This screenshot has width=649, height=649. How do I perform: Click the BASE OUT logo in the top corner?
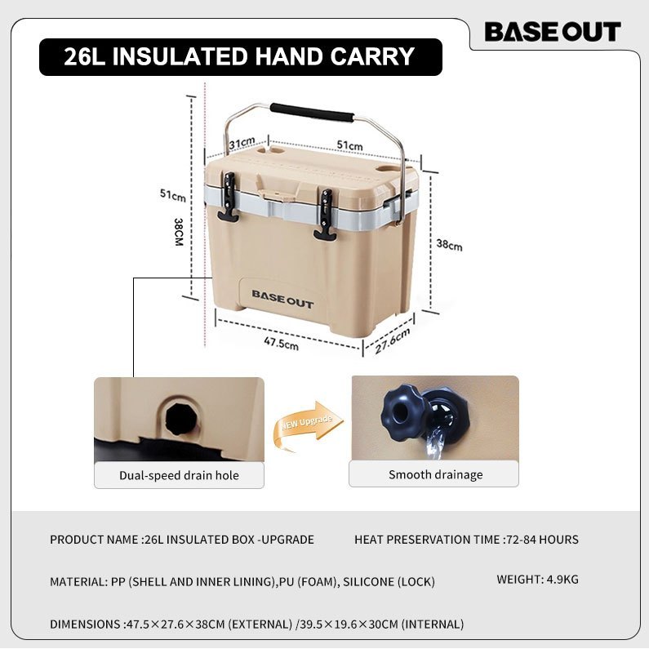(553, 32)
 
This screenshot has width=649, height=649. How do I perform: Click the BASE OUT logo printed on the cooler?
(282, 299)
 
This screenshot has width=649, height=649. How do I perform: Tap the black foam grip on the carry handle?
(312, 112)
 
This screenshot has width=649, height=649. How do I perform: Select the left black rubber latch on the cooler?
(228, 197)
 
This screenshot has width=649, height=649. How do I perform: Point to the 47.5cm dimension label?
(282, 344)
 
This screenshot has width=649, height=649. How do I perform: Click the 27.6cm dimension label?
(393, 340)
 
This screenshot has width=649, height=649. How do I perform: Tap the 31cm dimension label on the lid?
(242, 143)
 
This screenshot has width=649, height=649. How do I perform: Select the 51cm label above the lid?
(349, 144)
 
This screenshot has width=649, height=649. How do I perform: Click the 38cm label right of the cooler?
(449, 245)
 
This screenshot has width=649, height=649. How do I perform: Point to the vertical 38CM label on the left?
(179, 232)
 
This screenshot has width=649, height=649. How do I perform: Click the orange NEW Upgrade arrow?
(308, 425)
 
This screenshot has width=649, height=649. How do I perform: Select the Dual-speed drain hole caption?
(180, 475)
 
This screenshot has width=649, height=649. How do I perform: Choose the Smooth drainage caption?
(435, 474)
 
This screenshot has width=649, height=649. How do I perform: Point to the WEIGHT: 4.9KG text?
(538, 579)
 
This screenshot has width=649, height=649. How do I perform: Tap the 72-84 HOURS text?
(543, 540)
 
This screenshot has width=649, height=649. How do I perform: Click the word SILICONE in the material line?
(368, 581)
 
